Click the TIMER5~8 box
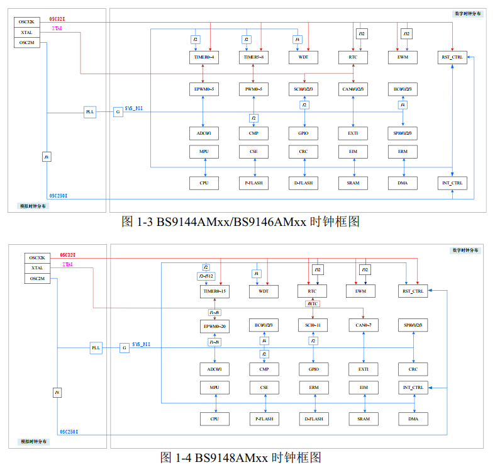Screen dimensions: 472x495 (x=253, y=57)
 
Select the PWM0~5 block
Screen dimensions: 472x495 (x=253, y=89)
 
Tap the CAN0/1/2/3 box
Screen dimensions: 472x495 (x=353, y=89)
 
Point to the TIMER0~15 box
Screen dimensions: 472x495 (x=214, y=291)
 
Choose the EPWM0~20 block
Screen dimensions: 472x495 (x=214, y=326)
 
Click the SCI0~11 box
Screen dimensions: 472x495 (x=313, y=325)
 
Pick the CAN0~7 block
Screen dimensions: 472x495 (x=364, y=325)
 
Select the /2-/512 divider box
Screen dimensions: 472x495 (x=206, y=276)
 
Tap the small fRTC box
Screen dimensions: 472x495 (x=313, y=304)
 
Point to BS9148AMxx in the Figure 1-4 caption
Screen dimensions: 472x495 (x=231, y=458)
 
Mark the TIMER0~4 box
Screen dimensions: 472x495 (x=203, y=57)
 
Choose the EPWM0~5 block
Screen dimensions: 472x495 (x=203, y=89)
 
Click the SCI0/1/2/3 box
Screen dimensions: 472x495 (x=303, y=89)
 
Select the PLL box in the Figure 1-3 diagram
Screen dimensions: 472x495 (x=90, y=112)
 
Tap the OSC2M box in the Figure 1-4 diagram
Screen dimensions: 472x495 (x=37, y=278)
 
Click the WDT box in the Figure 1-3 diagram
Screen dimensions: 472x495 (x=303, y=57)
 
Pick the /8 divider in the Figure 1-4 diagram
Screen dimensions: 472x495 (x=57, y=393)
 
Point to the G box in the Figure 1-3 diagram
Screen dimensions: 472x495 (x=117, y=112)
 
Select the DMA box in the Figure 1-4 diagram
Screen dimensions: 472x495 (x=413, y=419)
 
